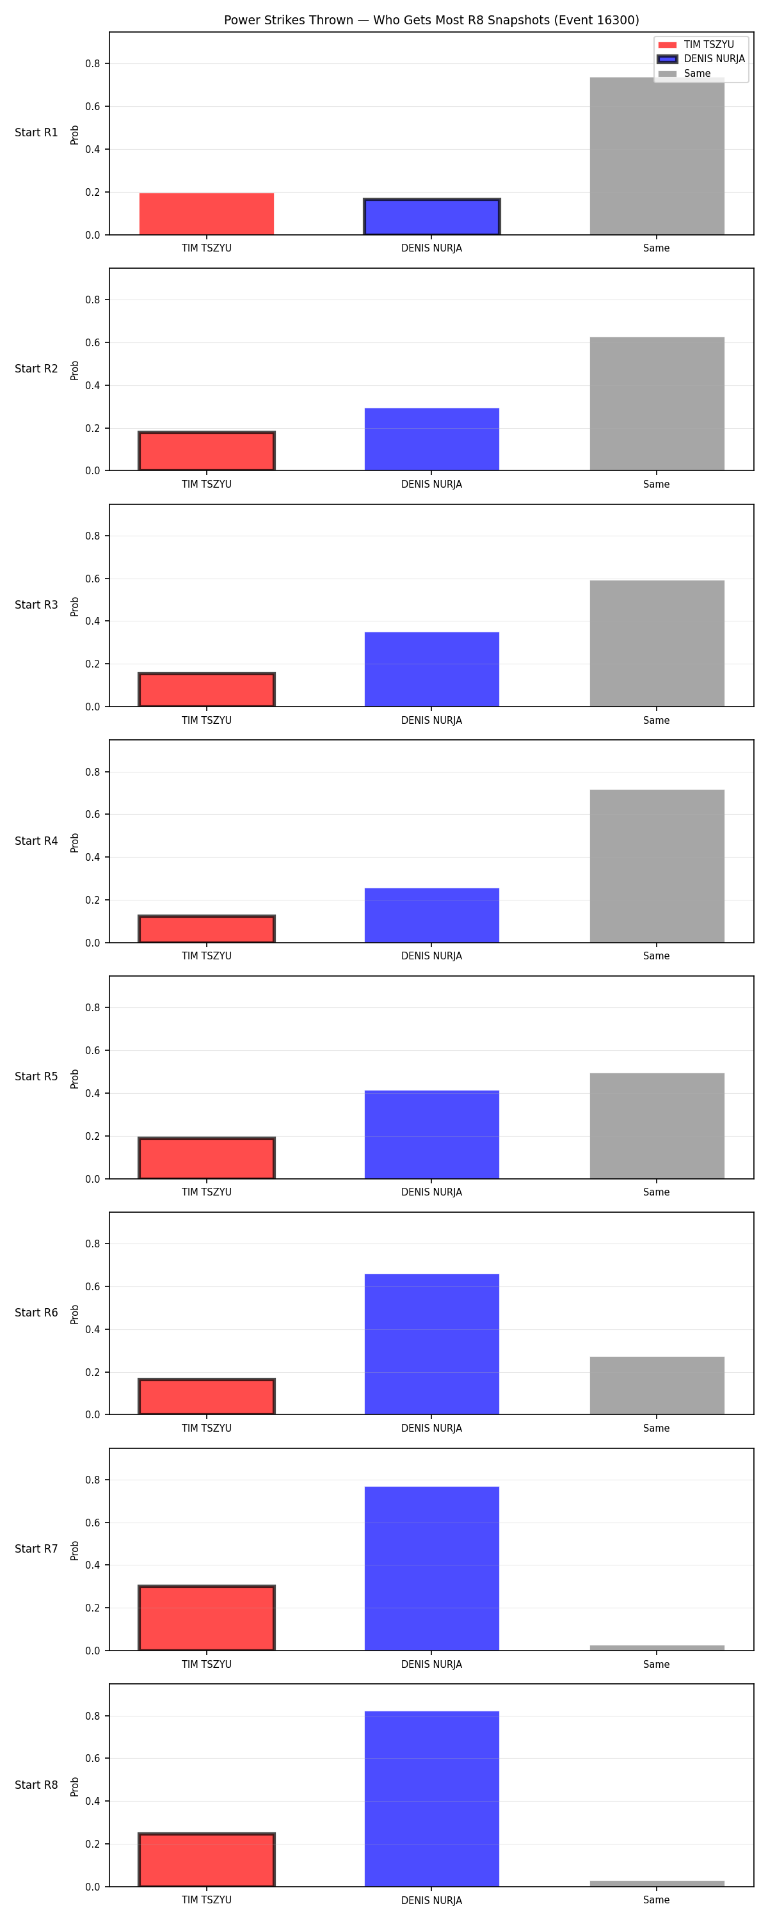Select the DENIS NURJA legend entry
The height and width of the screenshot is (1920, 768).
[701, 59]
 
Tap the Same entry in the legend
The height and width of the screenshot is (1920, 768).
[685, 74]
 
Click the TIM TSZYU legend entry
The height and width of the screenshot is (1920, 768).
[696, 45]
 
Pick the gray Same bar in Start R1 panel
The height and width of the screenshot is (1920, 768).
[656, 156]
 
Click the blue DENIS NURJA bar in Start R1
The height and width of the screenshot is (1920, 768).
[432, 217]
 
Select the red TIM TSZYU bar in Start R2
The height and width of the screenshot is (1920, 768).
[207, 451]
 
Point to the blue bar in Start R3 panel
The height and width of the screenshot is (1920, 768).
[432, 669]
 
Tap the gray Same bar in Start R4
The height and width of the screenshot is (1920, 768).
[656, 866]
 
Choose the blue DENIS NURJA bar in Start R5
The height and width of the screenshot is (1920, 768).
[432, 1135]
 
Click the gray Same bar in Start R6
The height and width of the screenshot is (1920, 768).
[656, 1386]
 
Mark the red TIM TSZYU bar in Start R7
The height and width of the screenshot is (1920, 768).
[207, 1617]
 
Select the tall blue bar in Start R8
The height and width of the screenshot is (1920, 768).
[432, 1798]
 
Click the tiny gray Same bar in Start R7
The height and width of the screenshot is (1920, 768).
[656, 1648]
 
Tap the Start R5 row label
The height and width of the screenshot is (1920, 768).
[36, 1076]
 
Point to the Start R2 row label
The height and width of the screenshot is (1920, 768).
[36, 368]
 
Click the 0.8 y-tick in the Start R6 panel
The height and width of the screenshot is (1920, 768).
[92, 1244]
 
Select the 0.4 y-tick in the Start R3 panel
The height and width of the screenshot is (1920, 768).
[92, 621]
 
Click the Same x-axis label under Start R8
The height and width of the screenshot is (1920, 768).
[656, 1900]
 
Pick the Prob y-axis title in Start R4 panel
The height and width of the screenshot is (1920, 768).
[75, 843]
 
